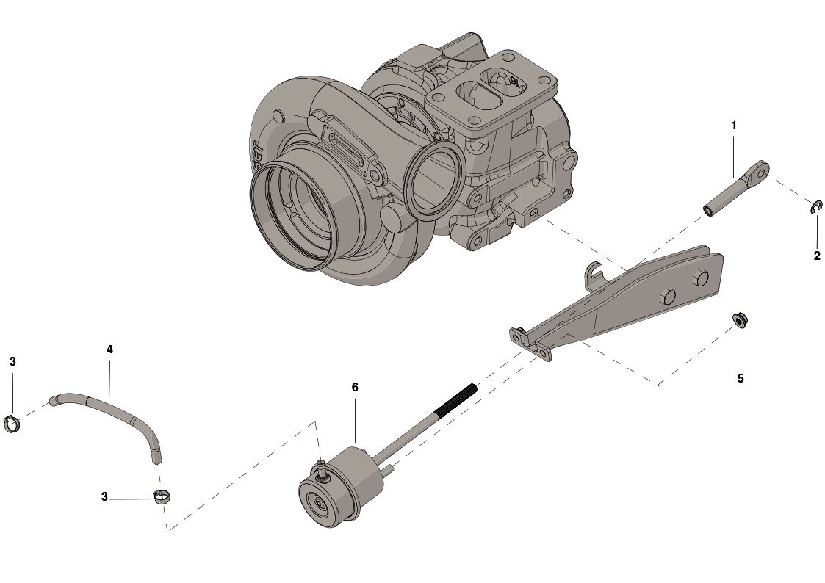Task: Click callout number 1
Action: click(733, 126)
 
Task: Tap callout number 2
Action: click(817, 256)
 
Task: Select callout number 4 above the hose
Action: click(109, 349)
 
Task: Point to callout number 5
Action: click(741, 378)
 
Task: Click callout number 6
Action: click(355, 388)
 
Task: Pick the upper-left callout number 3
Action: click(12, 362)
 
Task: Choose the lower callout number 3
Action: click(104, 497)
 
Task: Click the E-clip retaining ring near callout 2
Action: click(815, 207)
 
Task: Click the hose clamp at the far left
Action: click(12, 424)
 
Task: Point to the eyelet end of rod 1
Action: click(760, 170)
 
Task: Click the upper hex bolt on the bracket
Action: click(702, 279)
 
